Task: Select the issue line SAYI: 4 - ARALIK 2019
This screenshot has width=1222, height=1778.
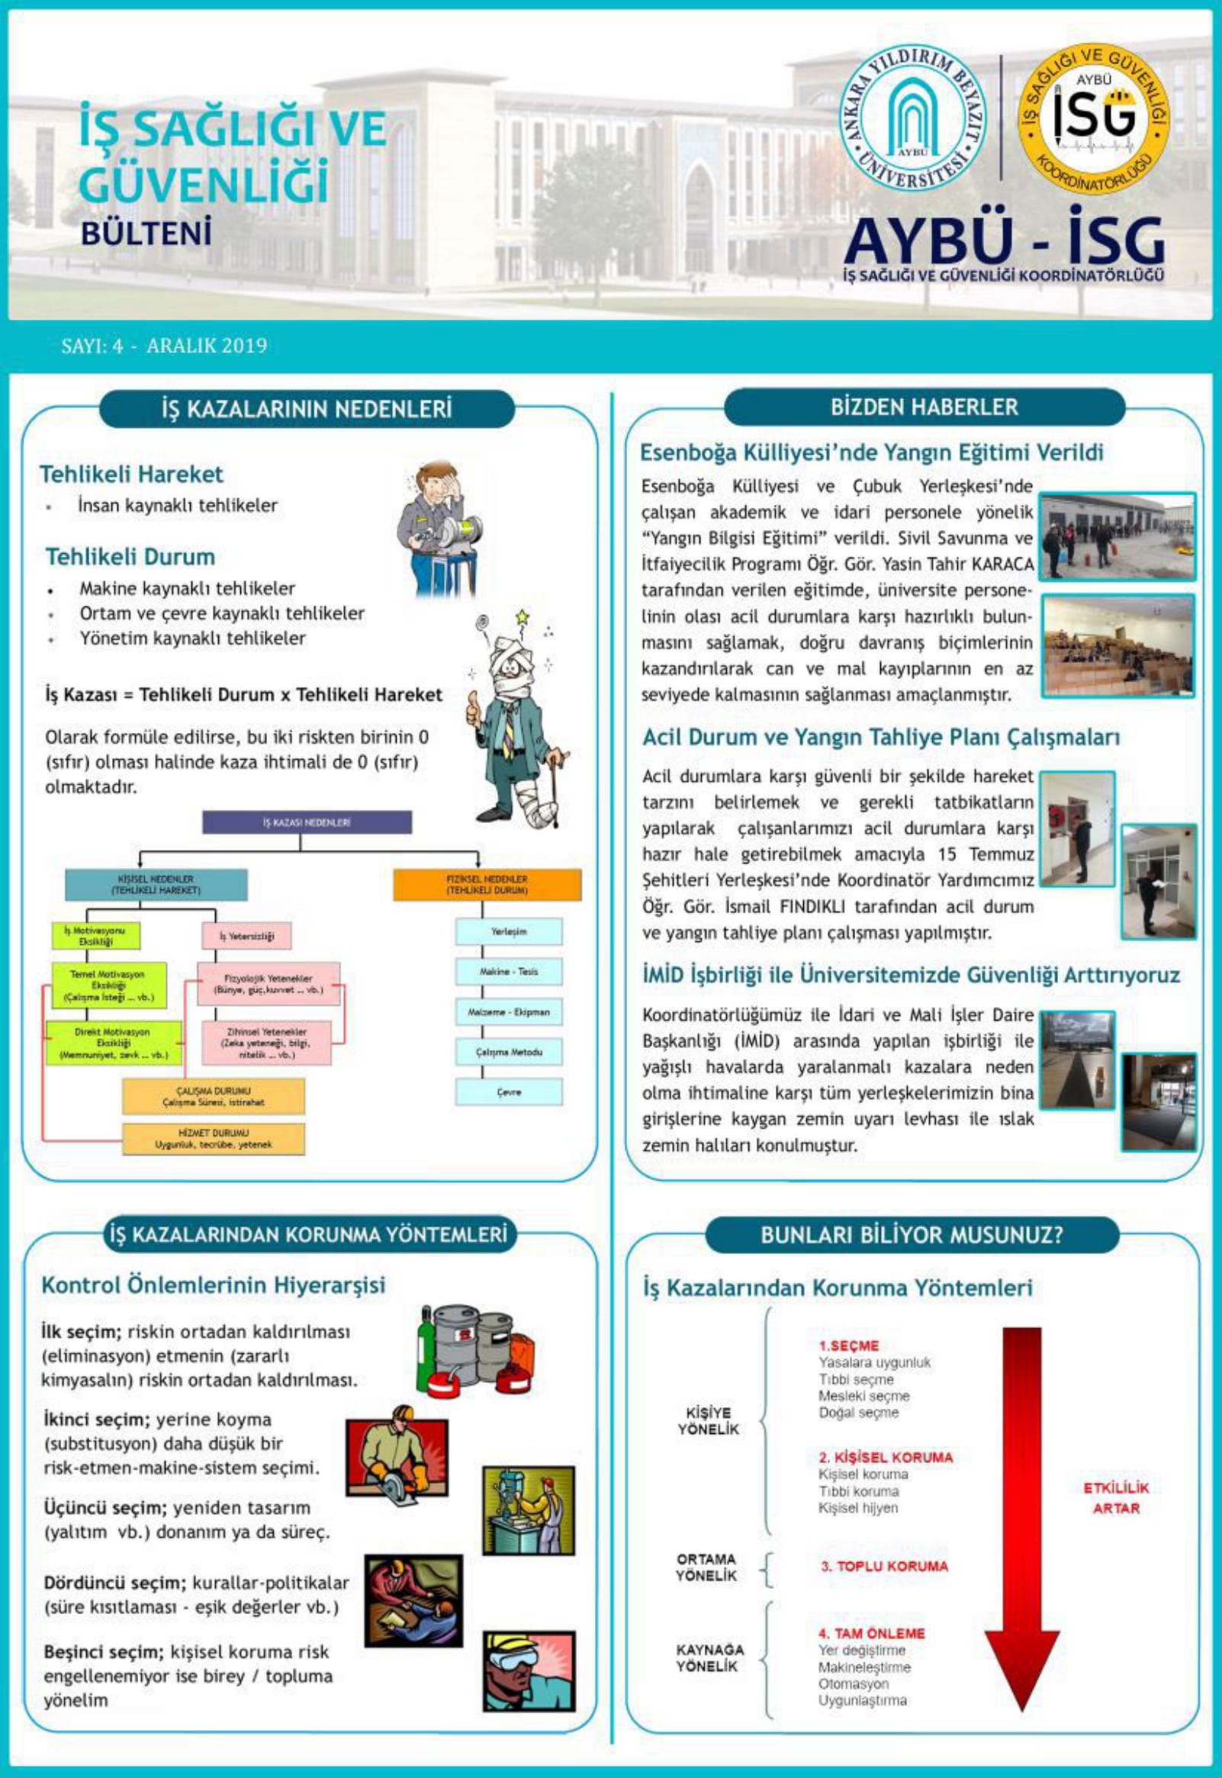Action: point(164,346)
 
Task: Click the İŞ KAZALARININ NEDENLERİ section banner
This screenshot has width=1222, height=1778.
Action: point(307,409)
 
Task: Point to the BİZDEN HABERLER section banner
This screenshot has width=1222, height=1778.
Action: point(925,407)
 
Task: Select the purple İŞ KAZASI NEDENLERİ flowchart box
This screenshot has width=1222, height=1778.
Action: point(307,822)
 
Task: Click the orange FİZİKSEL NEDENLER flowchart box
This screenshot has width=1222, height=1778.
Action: point(486,885)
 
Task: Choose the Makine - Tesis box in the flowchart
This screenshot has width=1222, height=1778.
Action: point(508,972)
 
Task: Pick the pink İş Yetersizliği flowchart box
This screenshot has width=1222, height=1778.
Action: point(246,936)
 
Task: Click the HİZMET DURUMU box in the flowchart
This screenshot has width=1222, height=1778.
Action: point(213,1139)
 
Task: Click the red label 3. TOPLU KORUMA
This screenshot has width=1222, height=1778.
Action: point(883,1566)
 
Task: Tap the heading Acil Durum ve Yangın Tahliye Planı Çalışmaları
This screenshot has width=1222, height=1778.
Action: point(880,738)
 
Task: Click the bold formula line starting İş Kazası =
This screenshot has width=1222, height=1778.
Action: point(243,696)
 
